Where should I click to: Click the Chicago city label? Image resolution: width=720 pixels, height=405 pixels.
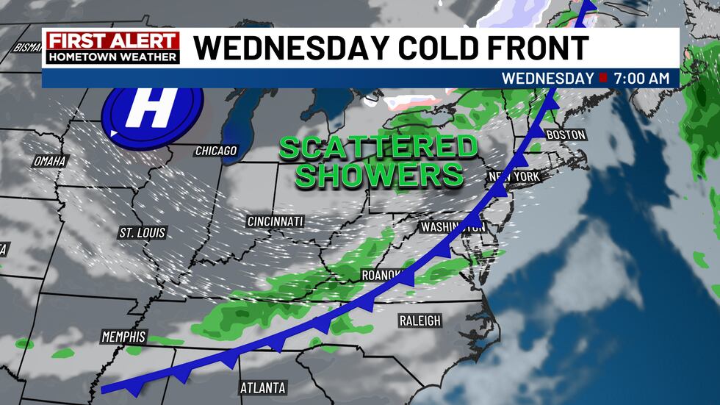pos(216,151)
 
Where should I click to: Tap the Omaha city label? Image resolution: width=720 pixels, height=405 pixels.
pos(50,161)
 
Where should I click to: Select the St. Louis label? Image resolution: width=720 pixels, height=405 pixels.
pos(143,233)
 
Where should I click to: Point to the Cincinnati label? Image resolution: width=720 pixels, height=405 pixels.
pos(276,221)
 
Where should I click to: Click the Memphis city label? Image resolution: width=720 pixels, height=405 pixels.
pos(123,337)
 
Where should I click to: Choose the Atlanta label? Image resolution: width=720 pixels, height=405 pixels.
pos(263,387)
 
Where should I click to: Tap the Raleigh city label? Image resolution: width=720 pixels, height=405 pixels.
pos(420,320)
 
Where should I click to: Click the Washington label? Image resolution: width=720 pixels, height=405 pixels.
pos(452,226)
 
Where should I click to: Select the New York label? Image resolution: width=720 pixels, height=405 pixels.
pos(515,177)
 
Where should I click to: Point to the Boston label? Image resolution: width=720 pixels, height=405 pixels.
pos(566,135)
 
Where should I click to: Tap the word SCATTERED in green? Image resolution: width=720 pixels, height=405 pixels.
pos(378,148)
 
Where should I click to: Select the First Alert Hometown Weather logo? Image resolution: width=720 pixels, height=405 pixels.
pos(112,48)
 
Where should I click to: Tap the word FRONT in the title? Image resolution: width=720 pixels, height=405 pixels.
pos(541,48)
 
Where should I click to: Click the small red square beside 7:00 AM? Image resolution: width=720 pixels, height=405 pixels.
pos(603,77)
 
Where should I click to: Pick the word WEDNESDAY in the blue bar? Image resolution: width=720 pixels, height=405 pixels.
pos(547,77)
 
